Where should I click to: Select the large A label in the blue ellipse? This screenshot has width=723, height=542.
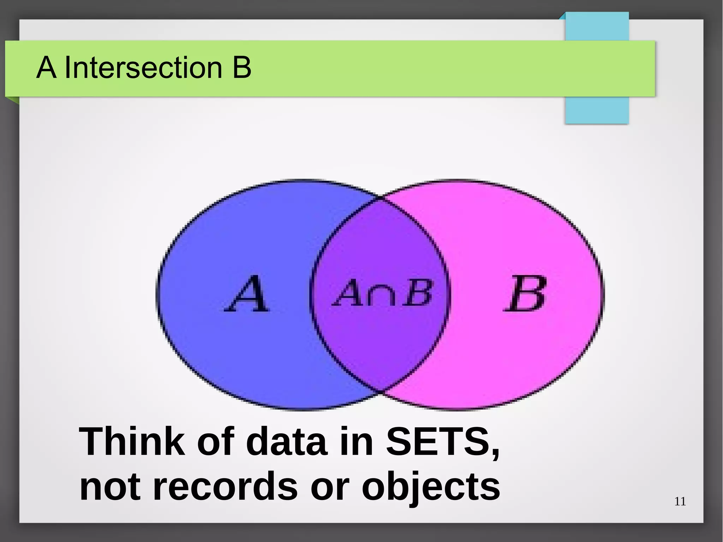247,294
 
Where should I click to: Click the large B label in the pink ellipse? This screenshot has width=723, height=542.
525,294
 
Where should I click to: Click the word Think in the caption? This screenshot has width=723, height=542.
132,441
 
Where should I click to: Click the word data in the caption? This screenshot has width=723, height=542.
286,441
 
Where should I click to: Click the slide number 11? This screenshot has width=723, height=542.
680,501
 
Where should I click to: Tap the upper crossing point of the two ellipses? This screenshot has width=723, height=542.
381,199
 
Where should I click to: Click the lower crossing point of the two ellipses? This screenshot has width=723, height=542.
381,391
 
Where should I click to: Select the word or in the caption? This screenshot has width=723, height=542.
330,487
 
